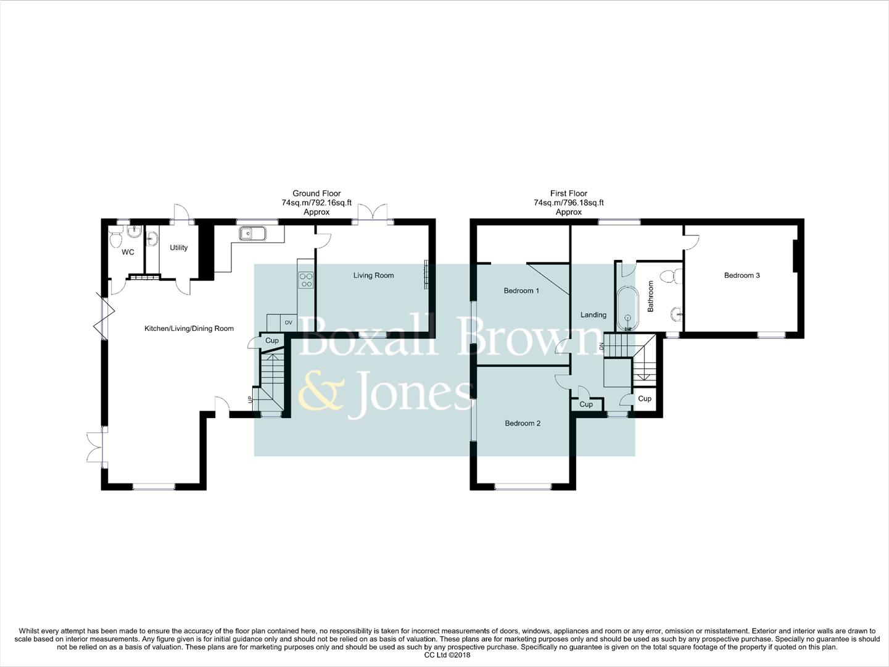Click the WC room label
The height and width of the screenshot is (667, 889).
(x=128, y=252)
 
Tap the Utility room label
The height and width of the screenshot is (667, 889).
(x=178, y=248)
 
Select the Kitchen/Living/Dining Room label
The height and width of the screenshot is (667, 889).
(x=189, y=329)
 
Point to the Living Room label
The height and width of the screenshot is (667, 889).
(x=373, y=275)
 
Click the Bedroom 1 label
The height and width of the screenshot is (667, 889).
(x=521, y=290)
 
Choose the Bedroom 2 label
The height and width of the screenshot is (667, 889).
(x=523, y=423)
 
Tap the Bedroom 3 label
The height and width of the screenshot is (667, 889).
(x=742, y=275)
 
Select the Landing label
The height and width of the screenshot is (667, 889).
(x=593, y=315)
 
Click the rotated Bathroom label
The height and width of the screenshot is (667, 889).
(x=650, y=296)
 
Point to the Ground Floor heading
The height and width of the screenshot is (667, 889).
(x=316, y=193)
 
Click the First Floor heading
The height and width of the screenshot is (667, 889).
(x=568, y=193)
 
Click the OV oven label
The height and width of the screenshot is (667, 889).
(x=288, y=322)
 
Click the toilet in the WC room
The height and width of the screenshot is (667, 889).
(x=115, y=237)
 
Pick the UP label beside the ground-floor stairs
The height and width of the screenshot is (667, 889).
(x=250, y=400)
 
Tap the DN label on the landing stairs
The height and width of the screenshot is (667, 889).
(x=601, y=346)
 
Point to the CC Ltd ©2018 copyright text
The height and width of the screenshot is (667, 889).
(x=444, y=655)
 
